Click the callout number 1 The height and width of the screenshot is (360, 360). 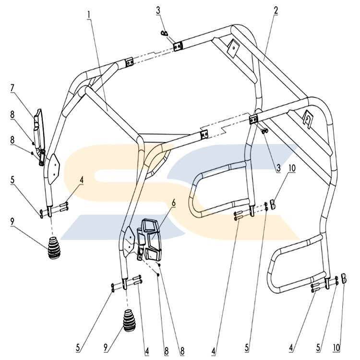[x=89, y=15]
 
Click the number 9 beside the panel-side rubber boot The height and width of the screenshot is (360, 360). [x=12, y=221]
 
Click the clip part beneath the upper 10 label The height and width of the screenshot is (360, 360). [x=272, y=204]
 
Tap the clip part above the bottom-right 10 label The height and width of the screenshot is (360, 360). [x=344, y=278]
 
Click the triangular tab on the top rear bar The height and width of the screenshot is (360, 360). [x=233, y=46]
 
